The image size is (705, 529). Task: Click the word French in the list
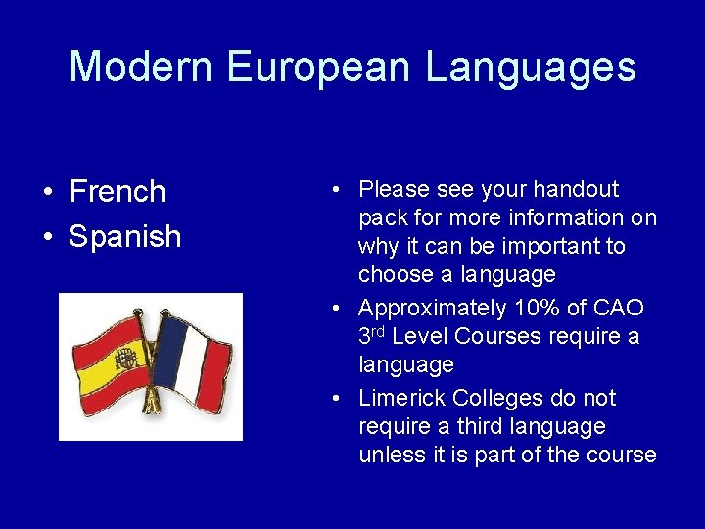pos(117,192)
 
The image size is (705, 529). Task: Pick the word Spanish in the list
pos(125,236)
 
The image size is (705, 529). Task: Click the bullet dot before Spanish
pos(47,237)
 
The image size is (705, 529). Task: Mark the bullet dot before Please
pos(336,189)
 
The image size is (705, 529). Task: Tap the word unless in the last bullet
pos(391,456)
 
